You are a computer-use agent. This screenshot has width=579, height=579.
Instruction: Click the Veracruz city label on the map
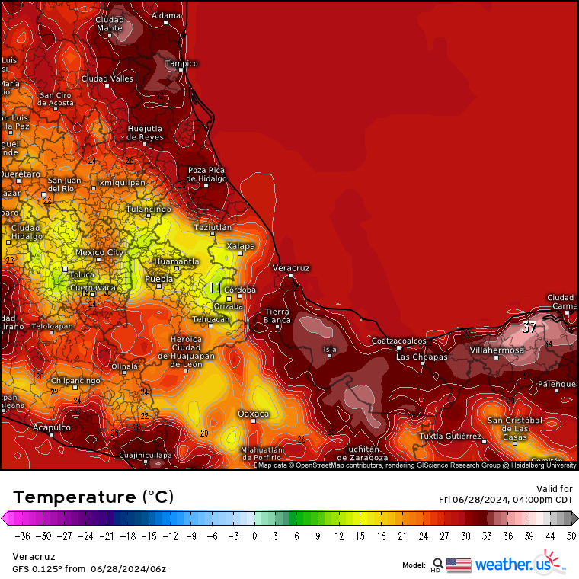[x=291, y=268]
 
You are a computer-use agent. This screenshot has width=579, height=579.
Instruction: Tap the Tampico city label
[x=182, y=63]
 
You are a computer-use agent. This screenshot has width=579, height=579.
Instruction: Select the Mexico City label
[x=99, y=252]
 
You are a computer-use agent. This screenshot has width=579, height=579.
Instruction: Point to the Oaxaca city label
[x=254, y=414]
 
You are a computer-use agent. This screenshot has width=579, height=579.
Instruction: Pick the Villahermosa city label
[x=497, y=350]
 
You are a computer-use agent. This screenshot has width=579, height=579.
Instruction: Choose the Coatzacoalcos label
[x=398, y=341]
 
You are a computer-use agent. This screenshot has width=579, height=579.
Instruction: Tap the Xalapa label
[x=241, y=246]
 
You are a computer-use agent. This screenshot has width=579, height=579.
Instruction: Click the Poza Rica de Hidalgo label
[x=206, y=174]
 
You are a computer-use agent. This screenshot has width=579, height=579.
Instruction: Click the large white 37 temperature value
[x=529, y=328]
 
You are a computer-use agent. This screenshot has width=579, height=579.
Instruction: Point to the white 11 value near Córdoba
[x=216, y=288]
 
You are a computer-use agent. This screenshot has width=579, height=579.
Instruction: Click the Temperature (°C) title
[x=93, y=497]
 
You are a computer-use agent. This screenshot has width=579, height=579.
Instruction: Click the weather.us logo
[x=512, y=565]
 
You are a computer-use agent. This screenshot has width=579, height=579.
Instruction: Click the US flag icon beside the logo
[x=459, y=565]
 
